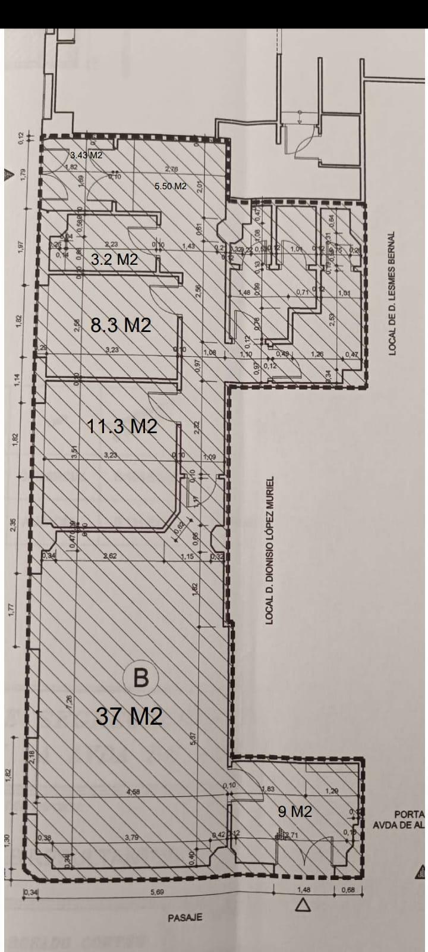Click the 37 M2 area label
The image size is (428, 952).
(x=129, y=716)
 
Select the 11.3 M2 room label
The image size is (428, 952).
(x=122, y=426)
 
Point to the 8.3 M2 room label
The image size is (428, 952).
(x=121, y=325)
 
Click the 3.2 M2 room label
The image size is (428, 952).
(x=114, y=260)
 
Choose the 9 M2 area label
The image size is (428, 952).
(x=295, y=812)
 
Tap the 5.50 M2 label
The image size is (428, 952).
(x=170, y=186)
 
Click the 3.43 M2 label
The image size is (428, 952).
(x=86, y=156)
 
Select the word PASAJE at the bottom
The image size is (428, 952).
(x=185, y=917)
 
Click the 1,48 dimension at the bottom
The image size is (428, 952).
(x=304, y=891)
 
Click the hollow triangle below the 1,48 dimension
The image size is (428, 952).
(x=304, y=906)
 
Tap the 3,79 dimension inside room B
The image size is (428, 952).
(x=131, y=838)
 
